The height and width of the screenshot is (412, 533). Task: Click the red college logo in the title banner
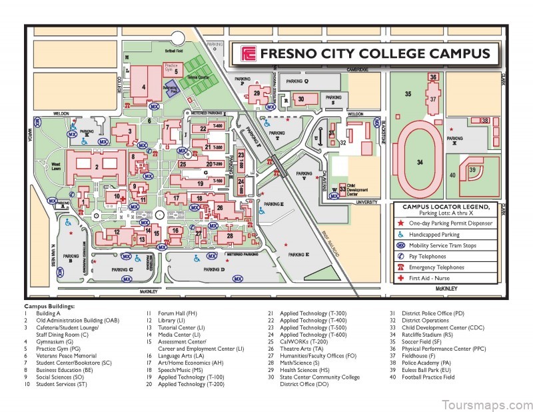pos(248,54)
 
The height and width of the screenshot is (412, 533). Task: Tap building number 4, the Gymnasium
pos(143,85)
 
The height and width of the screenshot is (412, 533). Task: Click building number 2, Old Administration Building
pos(97,167)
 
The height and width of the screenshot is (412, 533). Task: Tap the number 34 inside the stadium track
pos(420,162)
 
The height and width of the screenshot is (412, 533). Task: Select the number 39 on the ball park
pos(472,171)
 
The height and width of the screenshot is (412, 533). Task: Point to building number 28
pos(229,236)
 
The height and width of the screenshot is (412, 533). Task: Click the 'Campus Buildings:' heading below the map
pos(50,305)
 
